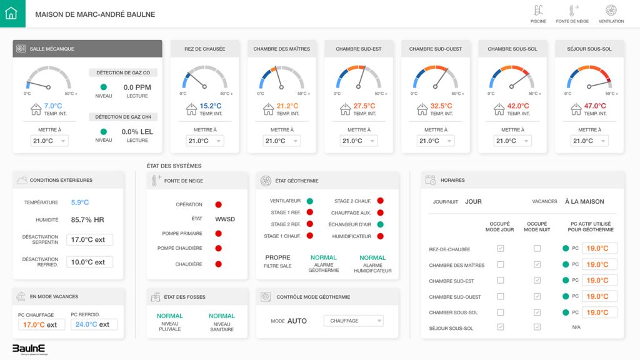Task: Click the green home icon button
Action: click(x=12, y=13)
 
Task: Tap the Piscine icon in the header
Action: click(x=538, y=11)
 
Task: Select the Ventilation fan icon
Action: click(x=611, y=11)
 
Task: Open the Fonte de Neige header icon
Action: click(x=572, y=11)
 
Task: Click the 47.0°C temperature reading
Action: click(x=595, y=106)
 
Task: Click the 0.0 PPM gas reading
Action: click(x=137, y=87)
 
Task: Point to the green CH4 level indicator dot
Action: click(x=104, y=131)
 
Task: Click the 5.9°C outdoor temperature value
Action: click(x=80, y=202)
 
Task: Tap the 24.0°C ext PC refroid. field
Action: click(x=94, y=324)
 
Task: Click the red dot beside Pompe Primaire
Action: click(x=219, y=233)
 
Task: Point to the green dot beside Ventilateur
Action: click(x=310, y=201)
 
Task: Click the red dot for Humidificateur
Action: click(x=380, y=236)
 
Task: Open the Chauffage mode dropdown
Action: click(x=353, y=321)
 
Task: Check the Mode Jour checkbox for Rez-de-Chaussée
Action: click(x=500, y=249)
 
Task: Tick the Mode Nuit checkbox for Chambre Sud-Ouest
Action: click(x=537, y=296)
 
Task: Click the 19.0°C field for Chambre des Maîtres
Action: click(x=599, y=264)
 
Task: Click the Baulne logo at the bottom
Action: click(x=29, y=349)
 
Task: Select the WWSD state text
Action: click(x=225, y=219)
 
